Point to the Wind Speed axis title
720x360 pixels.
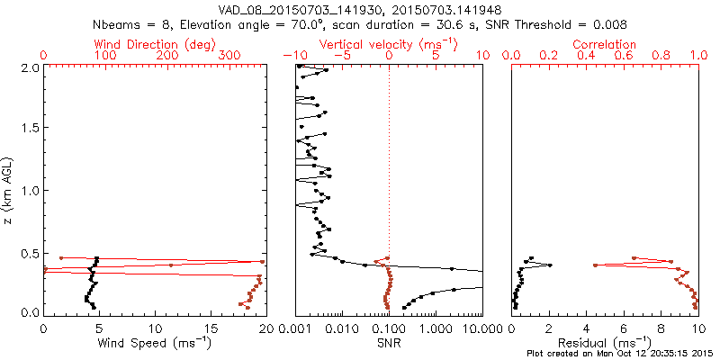(155, 344)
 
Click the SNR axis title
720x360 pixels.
(389, 344)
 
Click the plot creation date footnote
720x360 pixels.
(620, 354)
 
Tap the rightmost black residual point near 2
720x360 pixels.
(550, 265)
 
